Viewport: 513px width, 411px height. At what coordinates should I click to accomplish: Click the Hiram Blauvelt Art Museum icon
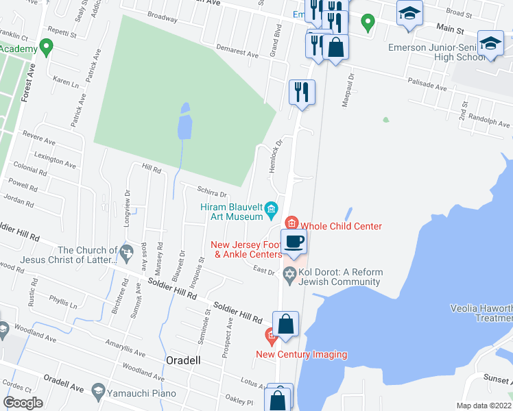pyautogui.click(x=272, y=208)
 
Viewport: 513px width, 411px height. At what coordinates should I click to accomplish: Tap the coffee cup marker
pyautogui.click(x=294, y=242)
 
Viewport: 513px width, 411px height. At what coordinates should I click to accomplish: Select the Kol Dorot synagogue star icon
pyautogui.click(x=289, y=273)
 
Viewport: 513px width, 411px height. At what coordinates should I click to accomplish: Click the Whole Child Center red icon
pyautogui.click(x=291, y=223)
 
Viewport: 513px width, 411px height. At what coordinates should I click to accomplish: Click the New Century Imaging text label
pyautogui.click(x=301, y=354)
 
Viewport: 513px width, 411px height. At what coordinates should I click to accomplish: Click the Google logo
pyautogui.click(x=23, y=403)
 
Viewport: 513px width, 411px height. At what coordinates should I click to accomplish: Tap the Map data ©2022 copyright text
pyautogui.click(x=484, y=406)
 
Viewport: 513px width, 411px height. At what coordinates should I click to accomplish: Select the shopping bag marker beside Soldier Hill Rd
pyautogui.click(x=286, y=324)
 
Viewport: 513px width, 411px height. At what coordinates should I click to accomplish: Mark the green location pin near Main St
pyautogui.click(x=368, y=23)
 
